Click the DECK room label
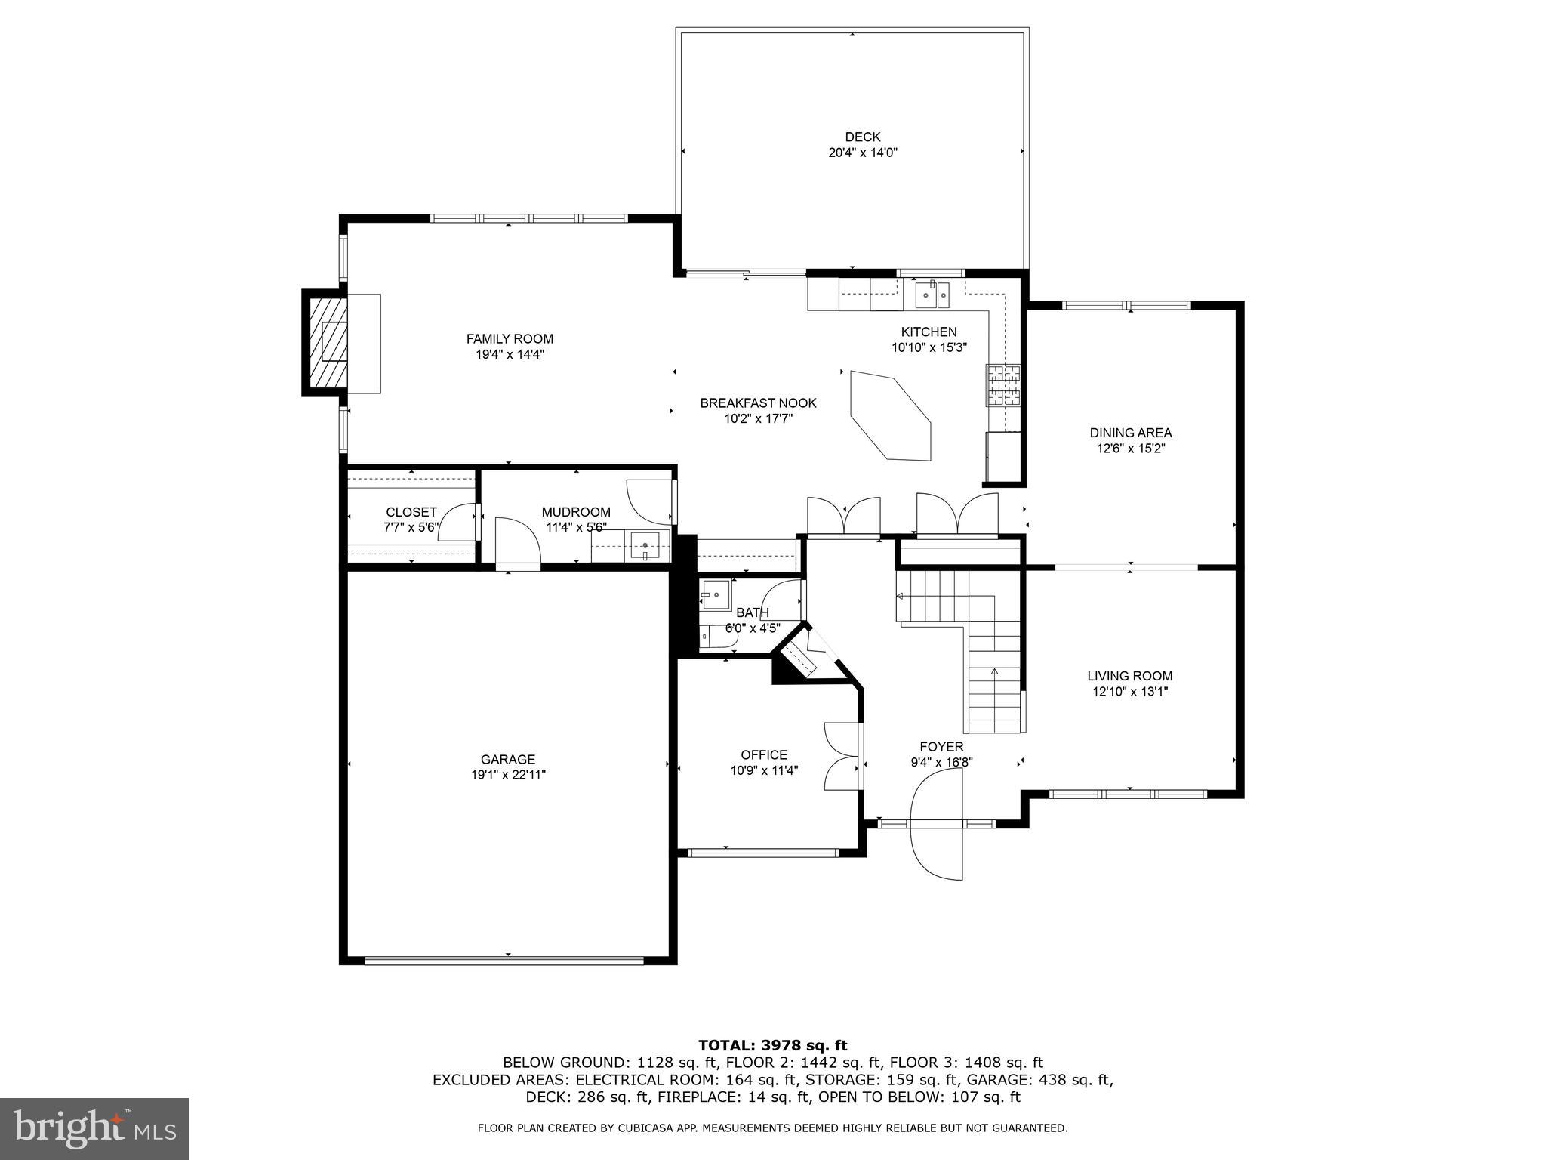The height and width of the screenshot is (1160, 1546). click(x=862, y=137)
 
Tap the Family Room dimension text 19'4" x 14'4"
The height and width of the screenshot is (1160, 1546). click(x=509, y=354)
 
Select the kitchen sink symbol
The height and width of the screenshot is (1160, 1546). click(x=934, y=295)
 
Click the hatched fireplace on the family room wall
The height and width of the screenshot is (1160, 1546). click(x=326, y=342)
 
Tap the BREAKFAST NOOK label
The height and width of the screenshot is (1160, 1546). click(x=758, y=403)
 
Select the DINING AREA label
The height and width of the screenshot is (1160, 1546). click(x=1130, y=433)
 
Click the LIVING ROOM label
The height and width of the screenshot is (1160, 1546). click(x=1129, y=676)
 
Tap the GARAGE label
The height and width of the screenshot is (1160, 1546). click(x=508, y=759)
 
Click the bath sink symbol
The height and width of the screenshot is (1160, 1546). click(x=713, y=594)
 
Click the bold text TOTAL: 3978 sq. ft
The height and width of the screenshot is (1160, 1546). click(x=772, y=1045)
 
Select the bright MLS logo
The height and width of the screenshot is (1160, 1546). click(x=94, y=1129)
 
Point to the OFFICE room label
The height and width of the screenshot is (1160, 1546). click(x=763, y=754)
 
